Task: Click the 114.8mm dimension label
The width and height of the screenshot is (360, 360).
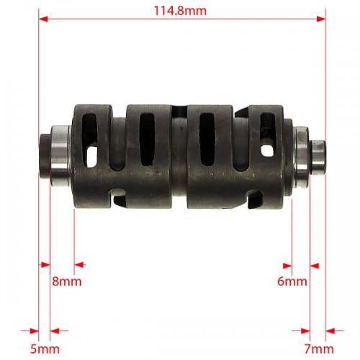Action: tap(180, 11)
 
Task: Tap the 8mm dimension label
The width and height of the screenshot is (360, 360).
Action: tap(67, 282)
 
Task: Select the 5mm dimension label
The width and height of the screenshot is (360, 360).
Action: tap(45, 349)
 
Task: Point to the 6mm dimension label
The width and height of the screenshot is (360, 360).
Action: tap(292, 282)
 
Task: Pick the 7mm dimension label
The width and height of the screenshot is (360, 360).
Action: tap(319, 349)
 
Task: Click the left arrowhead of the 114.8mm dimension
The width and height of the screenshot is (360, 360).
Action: tap(43, 19)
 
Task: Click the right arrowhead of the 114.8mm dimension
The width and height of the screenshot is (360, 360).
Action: tap(321, 19)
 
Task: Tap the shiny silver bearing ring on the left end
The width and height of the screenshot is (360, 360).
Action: tap(60, 156)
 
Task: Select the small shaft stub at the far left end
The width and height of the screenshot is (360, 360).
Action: tap(45, 156)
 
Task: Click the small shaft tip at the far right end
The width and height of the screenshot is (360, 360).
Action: tap(318, 157)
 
